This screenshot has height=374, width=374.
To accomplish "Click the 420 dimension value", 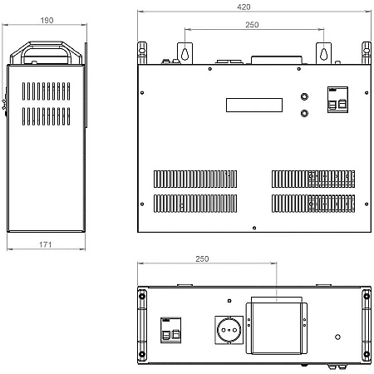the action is (244, 7).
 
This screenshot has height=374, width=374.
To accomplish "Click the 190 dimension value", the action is (47, 21).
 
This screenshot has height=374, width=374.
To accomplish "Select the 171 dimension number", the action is (46, 244).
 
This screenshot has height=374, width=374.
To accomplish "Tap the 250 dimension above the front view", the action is (252, 25).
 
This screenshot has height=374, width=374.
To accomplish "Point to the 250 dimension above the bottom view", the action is (202, 259).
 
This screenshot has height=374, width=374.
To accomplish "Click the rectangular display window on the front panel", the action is (254, 105).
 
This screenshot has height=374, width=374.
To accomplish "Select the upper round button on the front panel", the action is (304, 96).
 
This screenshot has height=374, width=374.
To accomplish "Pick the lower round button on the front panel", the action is (304, 113).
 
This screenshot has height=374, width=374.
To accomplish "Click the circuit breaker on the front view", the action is (337, 100).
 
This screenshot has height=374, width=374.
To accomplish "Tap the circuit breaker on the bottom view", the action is (171, 330).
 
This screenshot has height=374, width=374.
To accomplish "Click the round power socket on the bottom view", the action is (229, 330).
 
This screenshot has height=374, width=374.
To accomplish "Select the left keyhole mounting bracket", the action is (185, 53).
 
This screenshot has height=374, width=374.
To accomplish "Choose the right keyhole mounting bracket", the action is (323, 53).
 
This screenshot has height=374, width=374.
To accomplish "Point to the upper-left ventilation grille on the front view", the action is (195, 179).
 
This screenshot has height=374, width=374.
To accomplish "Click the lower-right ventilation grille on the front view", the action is (313, 204).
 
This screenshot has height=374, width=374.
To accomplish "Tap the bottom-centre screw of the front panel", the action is (254, 228).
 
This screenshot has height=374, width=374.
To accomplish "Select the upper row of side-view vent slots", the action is (46, 91).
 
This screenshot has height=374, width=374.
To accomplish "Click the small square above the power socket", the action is (229, 301).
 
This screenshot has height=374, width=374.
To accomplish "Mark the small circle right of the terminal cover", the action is (337, 337).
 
